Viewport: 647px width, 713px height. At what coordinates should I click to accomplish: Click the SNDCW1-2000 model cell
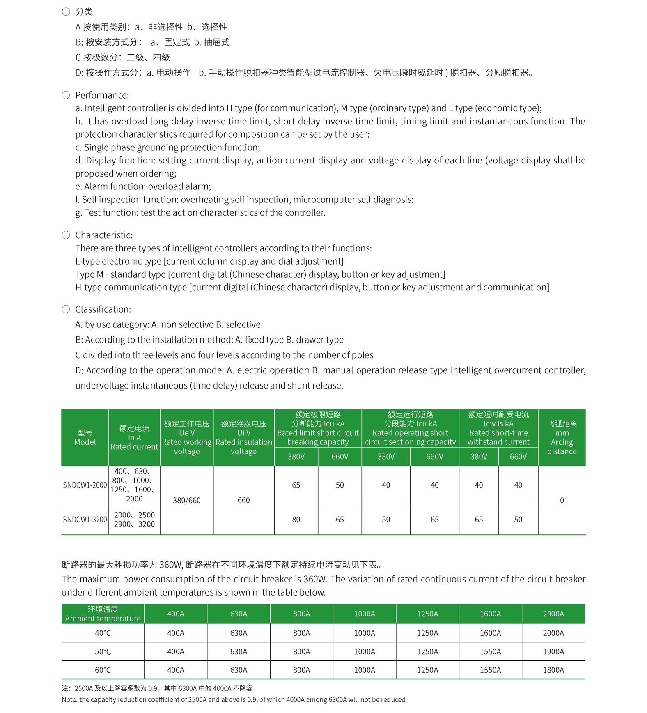pos(85,485)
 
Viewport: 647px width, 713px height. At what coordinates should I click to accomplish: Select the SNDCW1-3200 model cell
pos(85,520)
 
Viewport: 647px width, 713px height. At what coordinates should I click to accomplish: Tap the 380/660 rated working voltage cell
pos(186,500)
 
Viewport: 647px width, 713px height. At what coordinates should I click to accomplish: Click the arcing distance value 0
pos(562,500)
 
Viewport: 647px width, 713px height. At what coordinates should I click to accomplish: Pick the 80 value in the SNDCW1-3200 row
pos(296,520)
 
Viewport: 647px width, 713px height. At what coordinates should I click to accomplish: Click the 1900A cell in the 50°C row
pos(553,651)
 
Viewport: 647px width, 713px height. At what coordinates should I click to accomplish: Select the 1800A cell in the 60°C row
pos(553,670)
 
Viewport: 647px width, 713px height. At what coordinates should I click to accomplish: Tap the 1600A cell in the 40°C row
pos(490,633)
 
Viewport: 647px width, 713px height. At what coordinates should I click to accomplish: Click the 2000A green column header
pos(553,614)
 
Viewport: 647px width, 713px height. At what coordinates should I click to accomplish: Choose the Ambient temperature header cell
pos(103,614)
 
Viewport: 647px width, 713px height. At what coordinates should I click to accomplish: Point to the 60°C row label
pos(103,670)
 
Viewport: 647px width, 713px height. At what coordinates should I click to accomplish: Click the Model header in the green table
pos(85,437)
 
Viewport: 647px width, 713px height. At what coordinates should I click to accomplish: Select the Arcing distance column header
pos(562,437)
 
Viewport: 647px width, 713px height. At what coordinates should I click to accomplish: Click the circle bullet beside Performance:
pos(66,95)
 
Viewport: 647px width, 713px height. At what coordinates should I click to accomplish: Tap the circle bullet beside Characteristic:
pos(66,235)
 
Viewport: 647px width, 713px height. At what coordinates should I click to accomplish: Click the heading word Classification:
pos(103,309)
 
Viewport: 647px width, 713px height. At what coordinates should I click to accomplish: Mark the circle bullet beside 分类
pos(66,12)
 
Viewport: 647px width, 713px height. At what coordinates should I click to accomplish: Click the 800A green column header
pos(301,614)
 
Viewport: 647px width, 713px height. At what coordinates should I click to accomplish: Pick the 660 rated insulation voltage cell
pos(243,500)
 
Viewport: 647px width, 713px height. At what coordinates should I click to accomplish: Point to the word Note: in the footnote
pos(69,699)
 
